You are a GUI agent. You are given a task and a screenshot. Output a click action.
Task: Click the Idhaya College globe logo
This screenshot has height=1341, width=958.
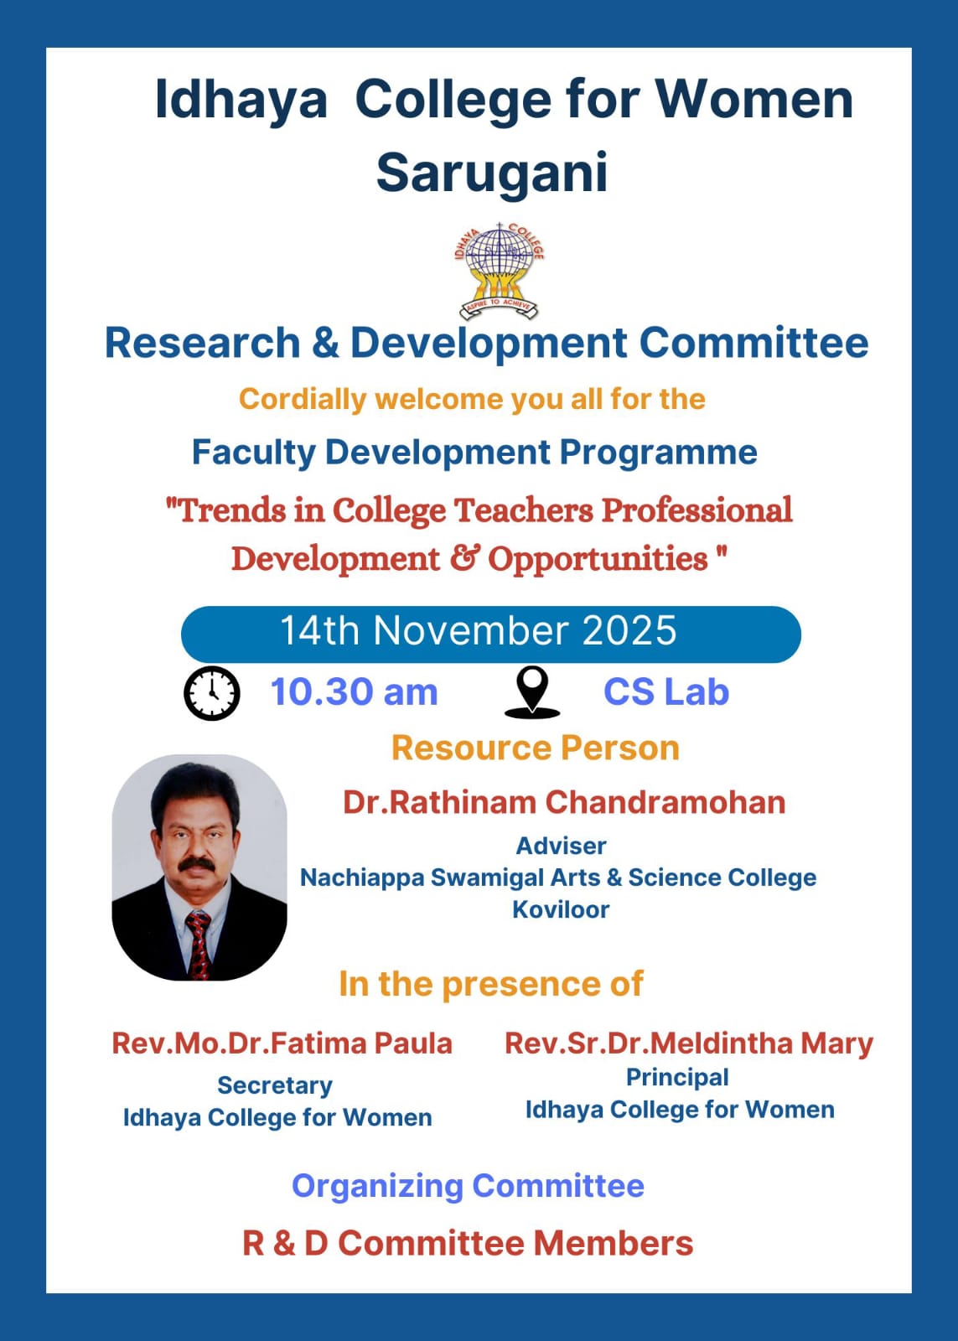click(x=499, y=271)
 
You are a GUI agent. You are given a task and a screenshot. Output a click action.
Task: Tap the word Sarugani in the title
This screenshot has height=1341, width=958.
click(x=492, y=173)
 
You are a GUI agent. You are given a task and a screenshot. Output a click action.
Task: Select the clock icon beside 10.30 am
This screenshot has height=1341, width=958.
click(x=212, y=692)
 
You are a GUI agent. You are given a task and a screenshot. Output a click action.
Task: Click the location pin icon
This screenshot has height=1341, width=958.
click(x=532, y=692)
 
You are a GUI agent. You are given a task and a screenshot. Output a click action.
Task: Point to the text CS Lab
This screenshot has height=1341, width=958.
click(x=665, y=692)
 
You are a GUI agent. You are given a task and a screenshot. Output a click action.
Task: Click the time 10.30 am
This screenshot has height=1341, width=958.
click(x=354, y=692)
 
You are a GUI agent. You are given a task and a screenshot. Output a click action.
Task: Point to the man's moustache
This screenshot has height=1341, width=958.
click(x=197, y=864)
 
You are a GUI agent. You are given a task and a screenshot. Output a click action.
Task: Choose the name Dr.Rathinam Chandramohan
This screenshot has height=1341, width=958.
click(x=563, y=802)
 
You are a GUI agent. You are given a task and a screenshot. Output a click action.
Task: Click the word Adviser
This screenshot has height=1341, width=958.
click(x=561, y=846)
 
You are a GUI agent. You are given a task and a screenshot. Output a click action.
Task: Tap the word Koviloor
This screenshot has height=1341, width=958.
click(x=561, y=909)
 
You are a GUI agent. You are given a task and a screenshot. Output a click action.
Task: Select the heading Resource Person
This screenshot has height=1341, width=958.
click(x=536, y=748)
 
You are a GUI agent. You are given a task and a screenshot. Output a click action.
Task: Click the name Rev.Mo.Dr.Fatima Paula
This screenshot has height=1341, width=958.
click(x=282, y=1043)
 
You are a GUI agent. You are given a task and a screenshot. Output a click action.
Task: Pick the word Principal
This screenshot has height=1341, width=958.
click(x=677, y=1077)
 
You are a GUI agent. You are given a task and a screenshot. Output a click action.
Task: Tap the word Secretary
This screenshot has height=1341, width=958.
click(x=275, y=1085)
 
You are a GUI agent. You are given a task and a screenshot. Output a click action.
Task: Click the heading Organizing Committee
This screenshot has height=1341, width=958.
click(x=468, y=1186)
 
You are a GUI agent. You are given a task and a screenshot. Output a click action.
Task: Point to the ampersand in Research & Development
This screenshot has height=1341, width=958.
click(x=325, y=343)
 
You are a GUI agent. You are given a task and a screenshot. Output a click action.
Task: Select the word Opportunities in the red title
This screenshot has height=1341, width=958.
click(x=598, y=560)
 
